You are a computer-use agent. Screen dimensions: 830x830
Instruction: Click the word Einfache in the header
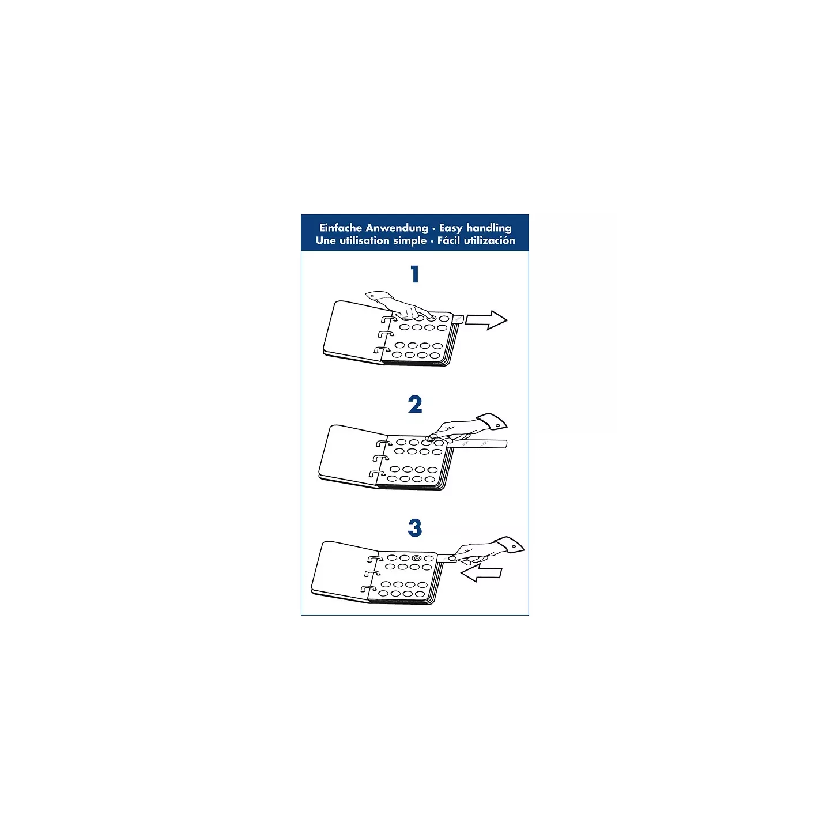point(340,228)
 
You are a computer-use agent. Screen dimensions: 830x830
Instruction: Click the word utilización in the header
point(490,240)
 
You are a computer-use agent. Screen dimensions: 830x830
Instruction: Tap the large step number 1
point(415,274)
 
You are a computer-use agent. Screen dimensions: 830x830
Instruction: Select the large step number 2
point(415,405)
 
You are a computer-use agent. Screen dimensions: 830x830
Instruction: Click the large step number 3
point(415,527)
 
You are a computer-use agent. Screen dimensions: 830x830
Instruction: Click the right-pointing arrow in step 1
point(486,320)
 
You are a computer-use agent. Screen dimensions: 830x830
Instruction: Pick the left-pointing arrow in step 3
point(481,574)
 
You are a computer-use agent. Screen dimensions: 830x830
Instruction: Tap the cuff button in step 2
point(497,425)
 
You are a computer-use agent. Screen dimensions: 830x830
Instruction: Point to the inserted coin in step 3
point(416,558)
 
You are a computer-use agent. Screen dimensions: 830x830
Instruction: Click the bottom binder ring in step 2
point(378,474)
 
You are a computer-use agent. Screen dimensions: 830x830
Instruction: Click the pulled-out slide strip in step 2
point(477,444)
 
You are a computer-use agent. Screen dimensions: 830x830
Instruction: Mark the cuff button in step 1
point(372,296)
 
